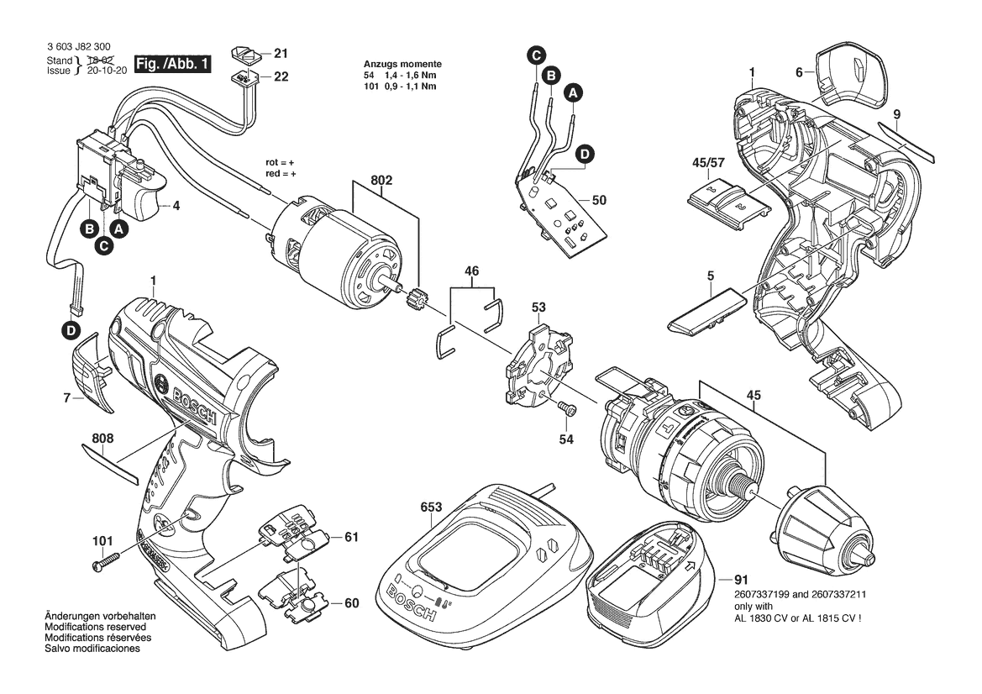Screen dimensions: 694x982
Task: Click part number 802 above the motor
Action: (381, 180)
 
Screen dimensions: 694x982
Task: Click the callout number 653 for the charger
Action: (431, 507)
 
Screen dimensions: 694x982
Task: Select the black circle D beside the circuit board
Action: (585, 154)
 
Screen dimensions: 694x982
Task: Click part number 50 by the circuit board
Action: (599, 201)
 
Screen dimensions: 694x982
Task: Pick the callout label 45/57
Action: (708, 163)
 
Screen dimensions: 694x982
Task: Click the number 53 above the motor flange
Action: (538, 308)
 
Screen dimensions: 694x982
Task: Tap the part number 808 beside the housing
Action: (103, 438)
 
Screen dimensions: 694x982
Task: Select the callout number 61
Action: (351, 537)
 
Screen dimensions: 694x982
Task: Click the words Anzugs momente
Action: (402, 65)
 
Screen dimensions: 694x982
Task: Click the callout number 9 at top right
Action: (897, 113)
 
